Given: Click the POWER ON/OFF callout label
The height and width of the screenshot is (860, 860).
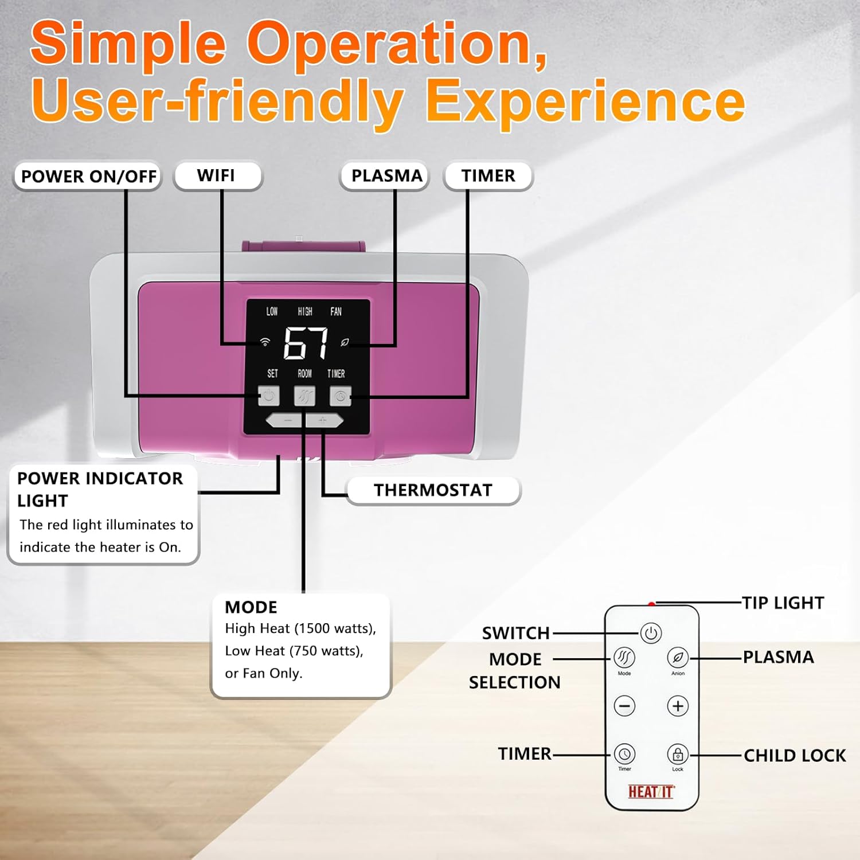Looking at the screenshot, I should [88, 176].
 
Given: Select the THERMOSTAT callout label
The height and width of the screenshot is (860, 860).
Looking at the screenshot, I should [433, 490].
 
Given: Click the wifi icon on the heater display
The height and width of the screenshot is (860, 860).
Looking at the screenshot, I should [265, 342].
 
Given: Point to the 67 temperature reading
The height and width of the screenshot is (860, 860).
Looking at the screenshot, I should [306, 342].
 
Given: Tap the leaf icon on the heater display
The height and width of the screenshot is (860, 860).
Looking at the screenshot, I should [345, 342].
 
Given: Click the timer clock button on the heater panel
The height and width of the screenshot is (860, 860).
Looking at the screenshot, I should [340, 396].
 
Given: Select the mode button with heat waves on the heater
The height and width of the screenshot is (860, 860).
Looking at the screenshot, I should [304, 396].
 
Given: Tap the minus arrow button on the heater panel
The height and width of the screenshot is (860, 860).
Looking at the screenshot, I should [287, 421].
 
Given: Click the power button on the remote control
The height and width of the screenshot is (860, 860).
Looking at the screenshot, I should [651, 634].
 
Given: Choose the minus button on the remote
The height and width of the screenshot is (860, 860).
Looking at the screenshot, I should [624, 706].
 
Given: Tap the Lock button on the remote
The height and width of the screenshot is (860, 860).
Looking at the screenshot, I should [678, 754].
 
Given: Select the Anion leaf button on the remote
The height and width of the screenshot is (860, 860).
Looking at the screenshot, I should [678, 658].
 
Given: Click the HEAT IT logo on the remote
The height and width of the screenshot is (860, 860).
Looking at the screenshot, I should [651, 792].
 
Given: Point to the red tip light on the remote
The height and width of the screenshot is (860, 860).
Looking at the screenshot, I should [651, 604].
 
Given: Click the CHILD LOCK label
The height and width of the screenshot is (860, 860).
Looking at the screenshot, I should [795, 756].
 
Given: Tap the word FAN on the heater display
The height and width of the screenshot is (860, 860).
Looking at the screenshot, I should [336, 311].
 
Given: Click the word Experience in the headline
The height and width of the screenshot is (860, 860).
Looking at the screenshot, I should [585, 101].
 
